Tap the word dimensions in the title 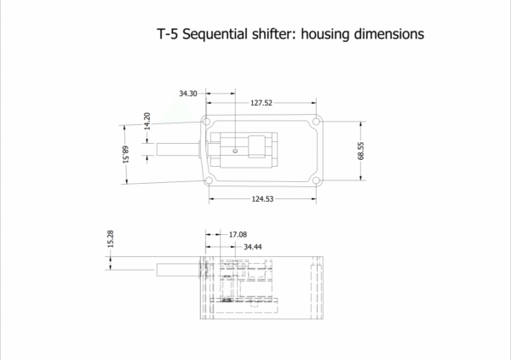pyautogui.click(x=383, y=36)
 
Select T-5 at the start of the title pyautogui.click(x=169, y=36)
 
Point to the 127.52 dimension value pyautogui.click(x=262, y=102)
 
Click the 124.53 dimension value pyautogui.click(x=262, y=198)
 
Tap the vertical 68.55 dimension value pyautogui.click(x=361, y=151)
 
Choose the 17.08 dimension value pyautogui.click(x=238, y=233)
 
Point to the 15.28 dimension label pyautogui.click(x=110, y=240)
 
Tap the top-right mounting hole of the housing pyautogui.click(x=315, y=123)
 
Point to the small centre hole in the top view pyautogui.click(x=236, y=151)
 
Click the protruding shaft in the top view pyautogui.click(x=177, y=151)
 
